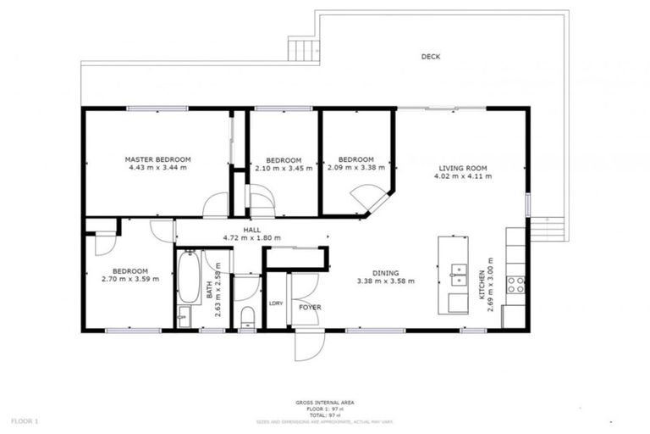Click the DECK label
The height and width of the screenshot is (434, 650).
click(431, 57)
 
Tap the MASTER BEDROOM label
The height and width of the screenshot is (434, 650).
click(157, 159)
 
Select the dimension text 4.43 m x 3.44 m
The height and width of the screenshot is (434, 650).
click(157, 168)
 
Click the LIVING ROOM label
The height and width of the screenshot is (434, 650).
click(461, 168)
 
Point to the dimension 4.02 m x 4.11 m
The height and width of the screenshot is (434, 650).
click(461, 176)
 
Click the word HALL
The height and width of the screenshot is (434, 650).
click(252, 230)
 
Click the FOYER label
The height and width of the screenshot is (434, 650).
click(310, 307)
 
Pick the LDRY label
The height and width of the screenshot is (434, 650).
click(275, 303)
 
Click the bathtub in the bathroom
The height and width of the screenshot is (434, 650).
click(188, 277)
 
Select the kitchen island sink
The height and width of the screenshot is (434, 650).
click(458, 273)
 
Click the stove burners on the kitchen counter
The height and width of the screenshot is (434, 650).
click(515, 285)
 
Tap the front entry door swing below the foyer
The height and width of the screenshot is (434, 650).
click(307, 346)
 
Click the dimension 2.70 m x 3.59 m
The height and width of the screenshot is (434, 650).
click(124, 279)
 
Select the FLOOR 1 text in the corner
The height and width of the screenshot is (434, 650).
click(25, 420)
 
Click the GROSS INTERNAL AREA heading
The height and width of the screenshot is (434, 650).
click(324, 402)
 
